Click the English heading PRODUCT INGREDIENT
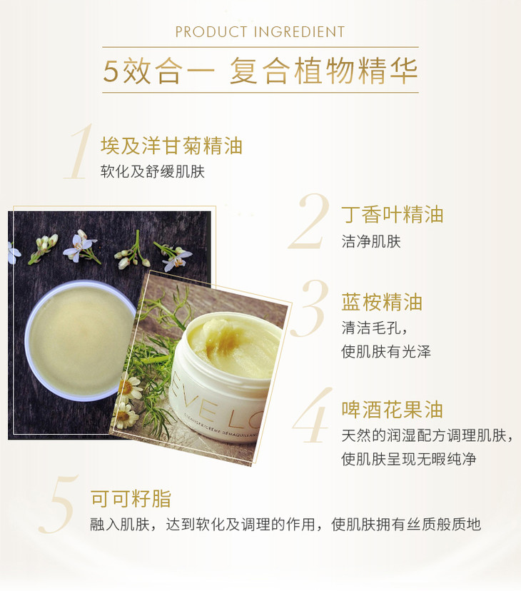pos(260,32)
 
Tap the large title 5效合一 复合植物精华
pos(260,71)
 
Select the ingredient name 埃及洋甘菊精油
pos(171,146)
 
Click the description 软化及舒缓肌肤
pos(152,171)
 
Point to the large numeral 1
pos(79,151)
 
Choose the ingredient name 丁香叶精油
pos(392,215)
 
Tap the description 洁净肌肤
pos(371,241)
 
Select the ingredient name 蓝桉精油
pos(382,303)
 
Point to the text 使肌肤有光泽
pos(385,352)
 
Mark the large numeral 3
pos(309,308)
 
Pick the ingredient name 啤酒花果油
pos(392,410)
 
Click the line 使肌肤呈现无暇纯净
pos(409,459)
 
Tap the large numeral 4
pos(311,415)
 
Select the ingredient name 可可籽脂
pos(131,499)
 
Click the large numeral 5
pos(59,505)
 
